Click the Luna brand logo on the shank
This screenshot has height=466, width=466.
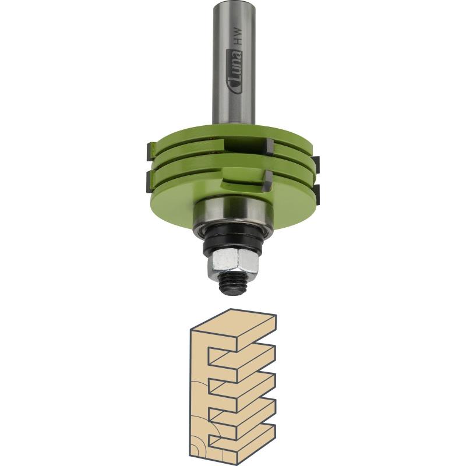tap(234, 71)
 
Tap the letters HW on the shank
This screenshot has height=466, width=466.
tap(238, 37)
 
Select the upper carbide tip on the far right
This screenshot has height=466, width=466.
tap(315, 165)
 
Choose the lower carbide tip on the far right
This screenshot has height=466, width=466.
tap(316, 194)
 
